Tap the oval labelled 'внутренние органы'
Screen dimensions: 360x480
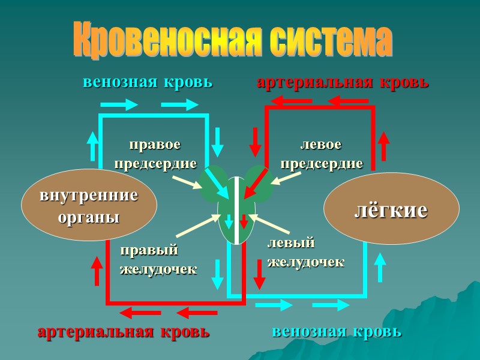pos(89,205)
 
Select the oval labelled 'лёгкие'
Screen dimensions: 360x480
pos(391,209)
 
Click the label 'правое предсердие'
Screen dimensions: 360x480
pos(155,154)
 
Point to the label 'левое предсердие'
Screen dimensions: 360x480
pos(322,154)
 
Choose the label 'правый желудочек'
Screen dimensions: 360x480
pos(158,259)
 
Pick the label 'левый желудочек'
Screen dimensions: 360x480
pos(305,253)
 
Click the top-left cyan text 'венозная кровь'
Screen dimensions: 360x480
pos(148,82)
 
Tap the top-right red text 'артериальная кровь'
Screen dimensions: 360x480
pos(343,82)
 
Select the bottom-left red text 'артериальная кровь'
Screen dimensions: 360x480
pos(124,332)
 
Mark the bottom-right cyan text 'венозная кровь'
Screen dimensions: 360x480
pos(337,332)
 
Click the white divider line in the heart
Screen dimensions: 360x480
pos(236,210)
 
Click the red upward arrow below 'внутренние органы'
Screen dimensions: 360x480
pos(97,271)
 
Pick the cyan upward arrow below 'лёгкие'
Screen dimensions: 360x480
pos(380,268)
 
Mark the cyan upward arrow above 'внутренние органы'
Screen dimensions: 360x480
pos(93,145)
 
